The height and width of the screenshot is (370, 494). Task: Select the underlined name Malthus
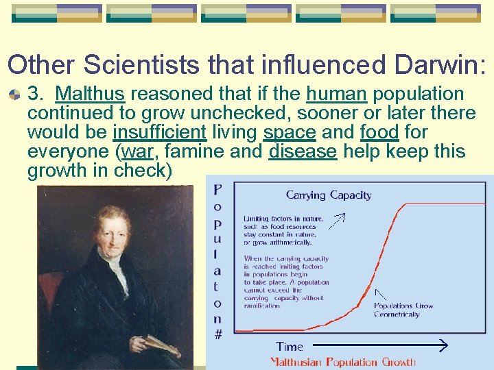90,93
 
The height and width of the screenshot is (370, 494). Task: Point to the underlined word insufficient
159,132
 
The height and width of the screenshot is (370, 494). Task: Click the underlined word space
288,132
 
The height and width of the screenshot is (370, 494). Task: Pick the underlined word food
379,132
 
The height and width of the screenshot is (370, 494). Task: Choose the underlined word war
136,151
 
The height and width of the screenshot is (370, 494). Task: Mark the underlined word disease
303,151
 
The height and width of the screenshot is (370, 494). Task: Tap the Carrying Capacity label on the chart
329,195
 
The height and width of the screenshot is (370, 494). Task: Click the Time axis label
290,346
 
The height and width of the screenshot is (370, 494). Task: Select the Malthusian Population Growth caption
342,362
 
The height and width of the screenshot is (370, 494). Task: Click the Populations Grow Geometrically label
403,310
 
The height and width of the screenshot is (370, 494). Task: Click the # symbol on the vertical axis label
217,334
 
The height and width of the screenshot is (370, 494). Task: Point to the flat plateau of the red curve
446,204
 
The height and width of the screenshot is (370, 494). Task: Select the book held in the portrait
163,346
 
